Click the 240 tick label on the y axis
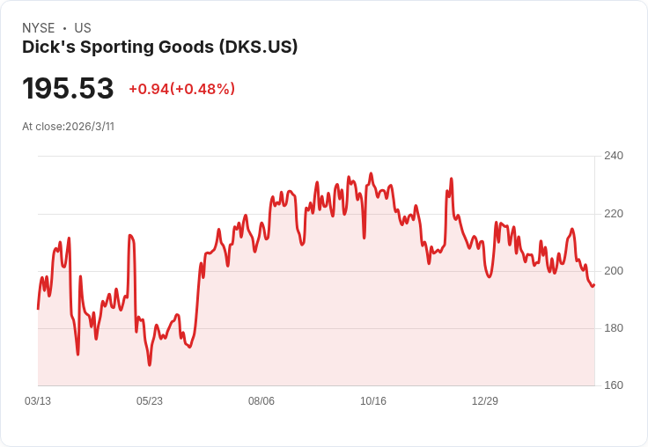613,156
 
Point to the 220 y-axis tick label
613,213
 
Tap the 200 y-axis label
613,270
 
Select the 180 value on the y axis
613,328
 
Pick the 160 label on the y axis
613,385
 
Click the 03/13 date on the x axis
38,400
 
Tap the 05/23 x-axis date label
150,400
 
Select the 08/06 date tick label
261,400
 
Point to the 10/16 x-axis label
373,400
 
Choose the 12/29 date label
485,400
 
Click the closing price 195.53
68,89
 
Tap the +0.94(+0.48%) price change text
181,89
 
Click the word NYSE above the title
38,28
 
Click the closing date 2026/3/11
90,127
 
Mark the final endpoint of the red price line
594,284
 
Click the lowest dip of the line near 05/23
150,364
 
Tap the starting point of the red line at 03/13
38,308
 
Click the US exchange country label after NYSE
83,28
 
